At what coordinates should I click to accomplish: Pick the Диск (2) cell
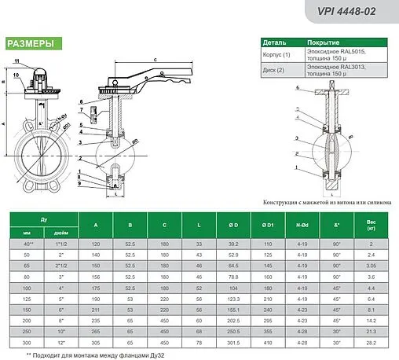[274, 70]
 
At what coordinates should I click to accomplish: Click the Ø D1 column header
[269, 223]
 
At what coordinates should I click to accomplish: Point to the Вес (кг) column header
[371, 223]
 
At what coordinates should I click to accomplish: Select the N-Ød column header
[302, 223]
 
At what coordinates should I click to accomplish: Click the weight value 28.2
[371, 342]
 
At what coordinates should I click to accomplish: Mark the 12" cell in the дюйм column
[60, 342]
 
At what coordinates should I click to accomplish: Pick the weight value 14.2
[371, 321]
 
